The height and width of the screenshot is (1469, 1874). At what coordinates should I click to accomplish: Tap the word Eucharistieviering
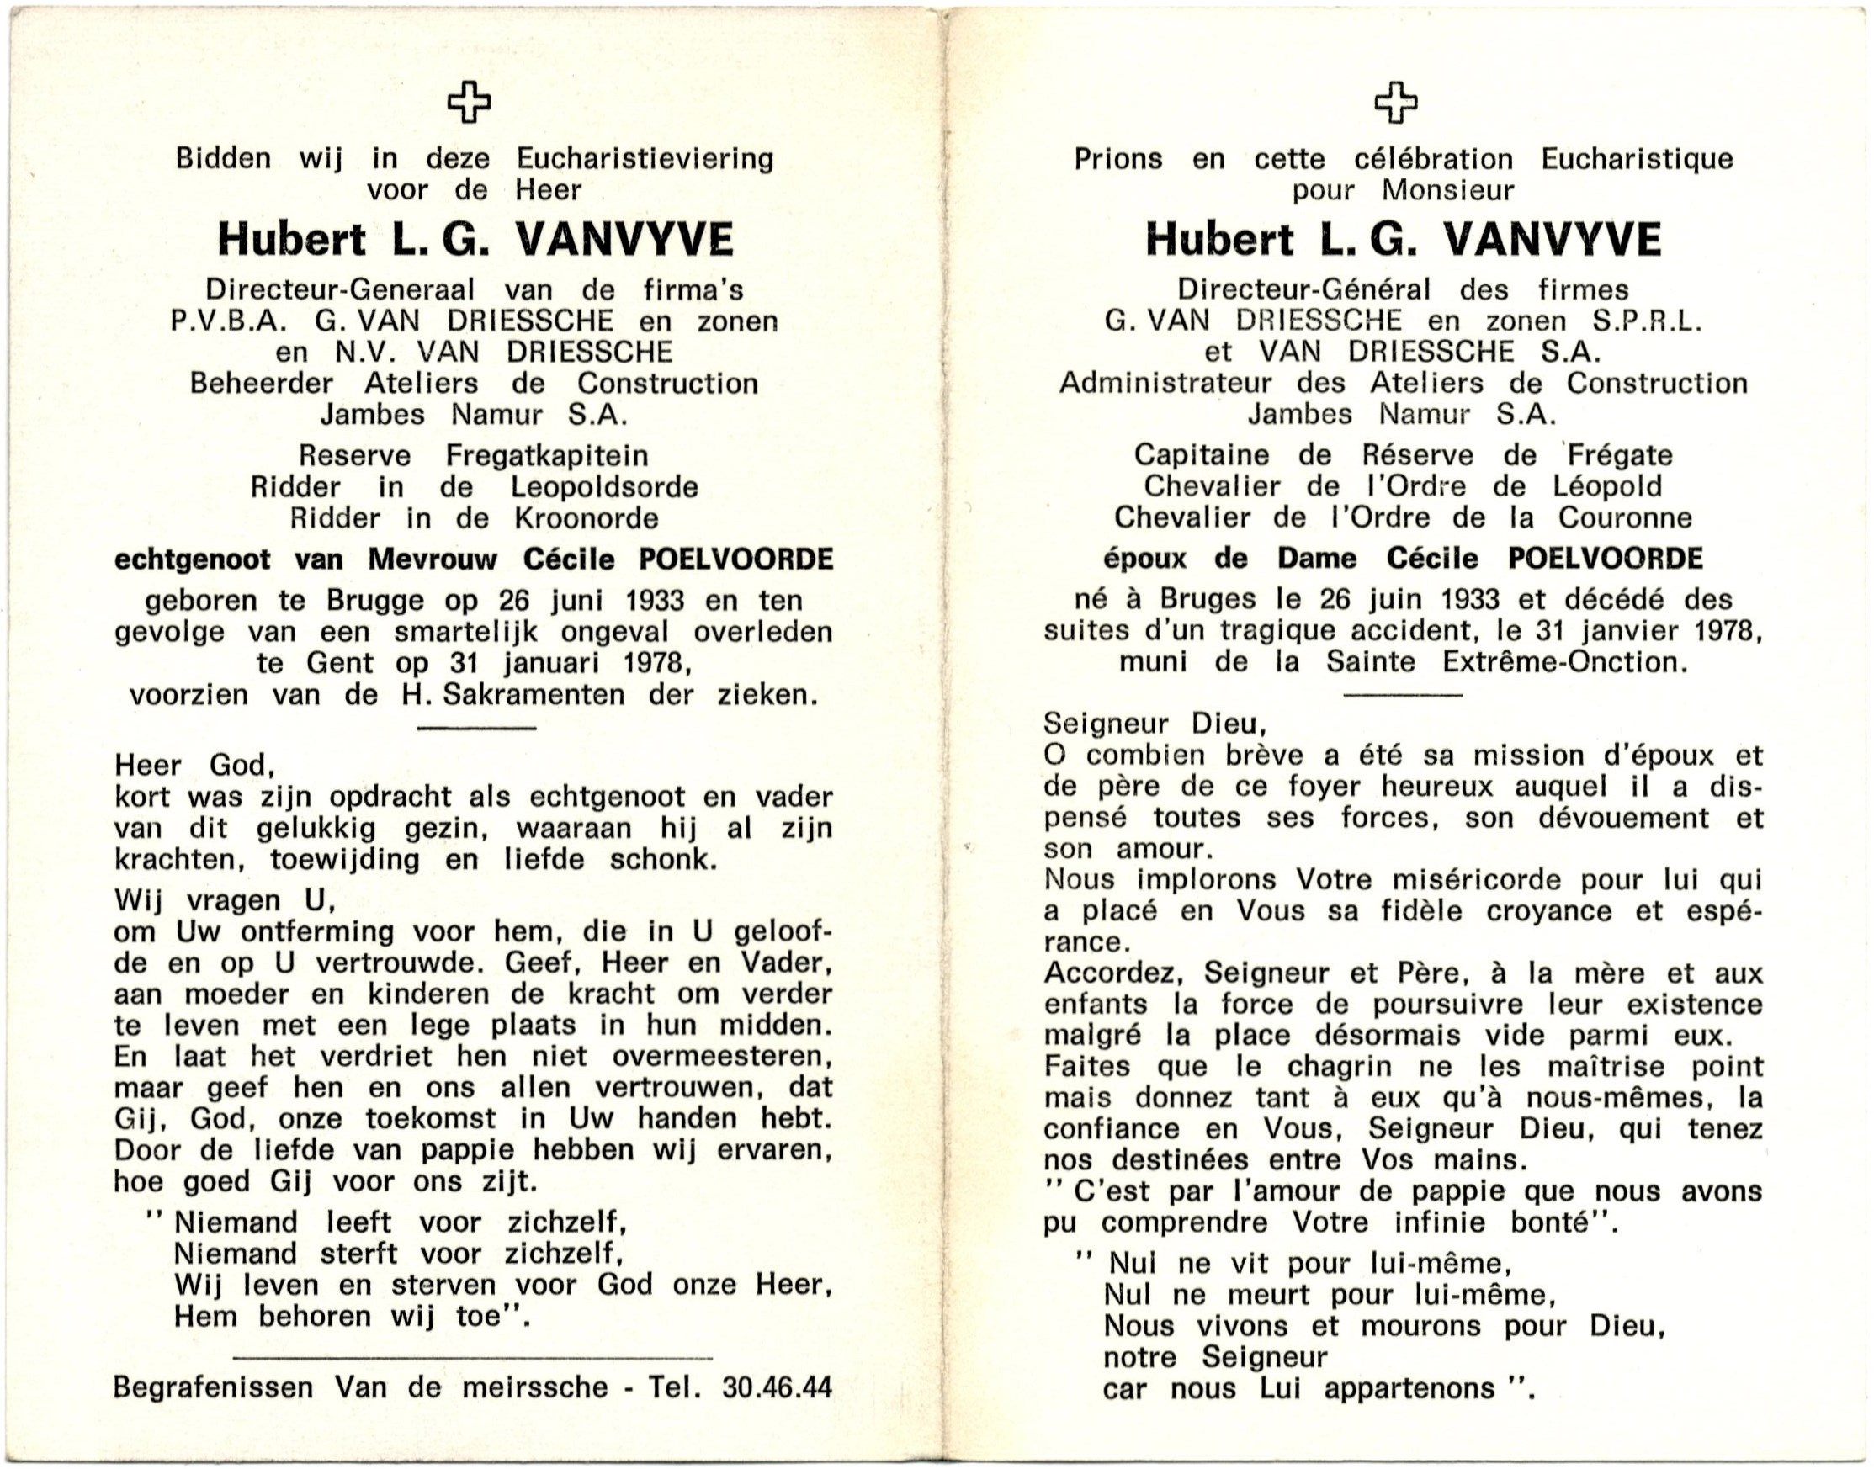(x=645, y=159)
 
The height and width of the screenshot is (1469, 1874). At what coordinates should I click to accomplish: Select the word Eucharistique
(x=1637, y=159)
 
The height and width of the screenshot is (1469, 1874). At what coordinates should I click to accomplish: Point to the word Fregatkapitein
(x=546, y=455)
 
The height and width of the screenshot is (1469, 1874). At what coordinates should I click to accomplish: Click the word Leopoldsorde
(x=603, y=487)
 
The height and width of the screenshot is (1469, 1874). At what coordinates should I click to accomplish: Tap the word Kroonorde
(x=587, y=517)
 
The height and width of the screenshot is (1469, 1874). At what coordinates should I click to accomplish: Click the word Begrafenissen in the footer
(x=213, y=1387)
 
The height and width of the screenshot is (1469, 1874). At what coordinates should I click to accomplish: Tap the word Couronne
(x=1625, y=517)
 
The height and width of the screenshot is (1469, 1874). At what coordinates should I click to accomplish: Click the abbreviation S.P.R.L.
(x=1646, y=321)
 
